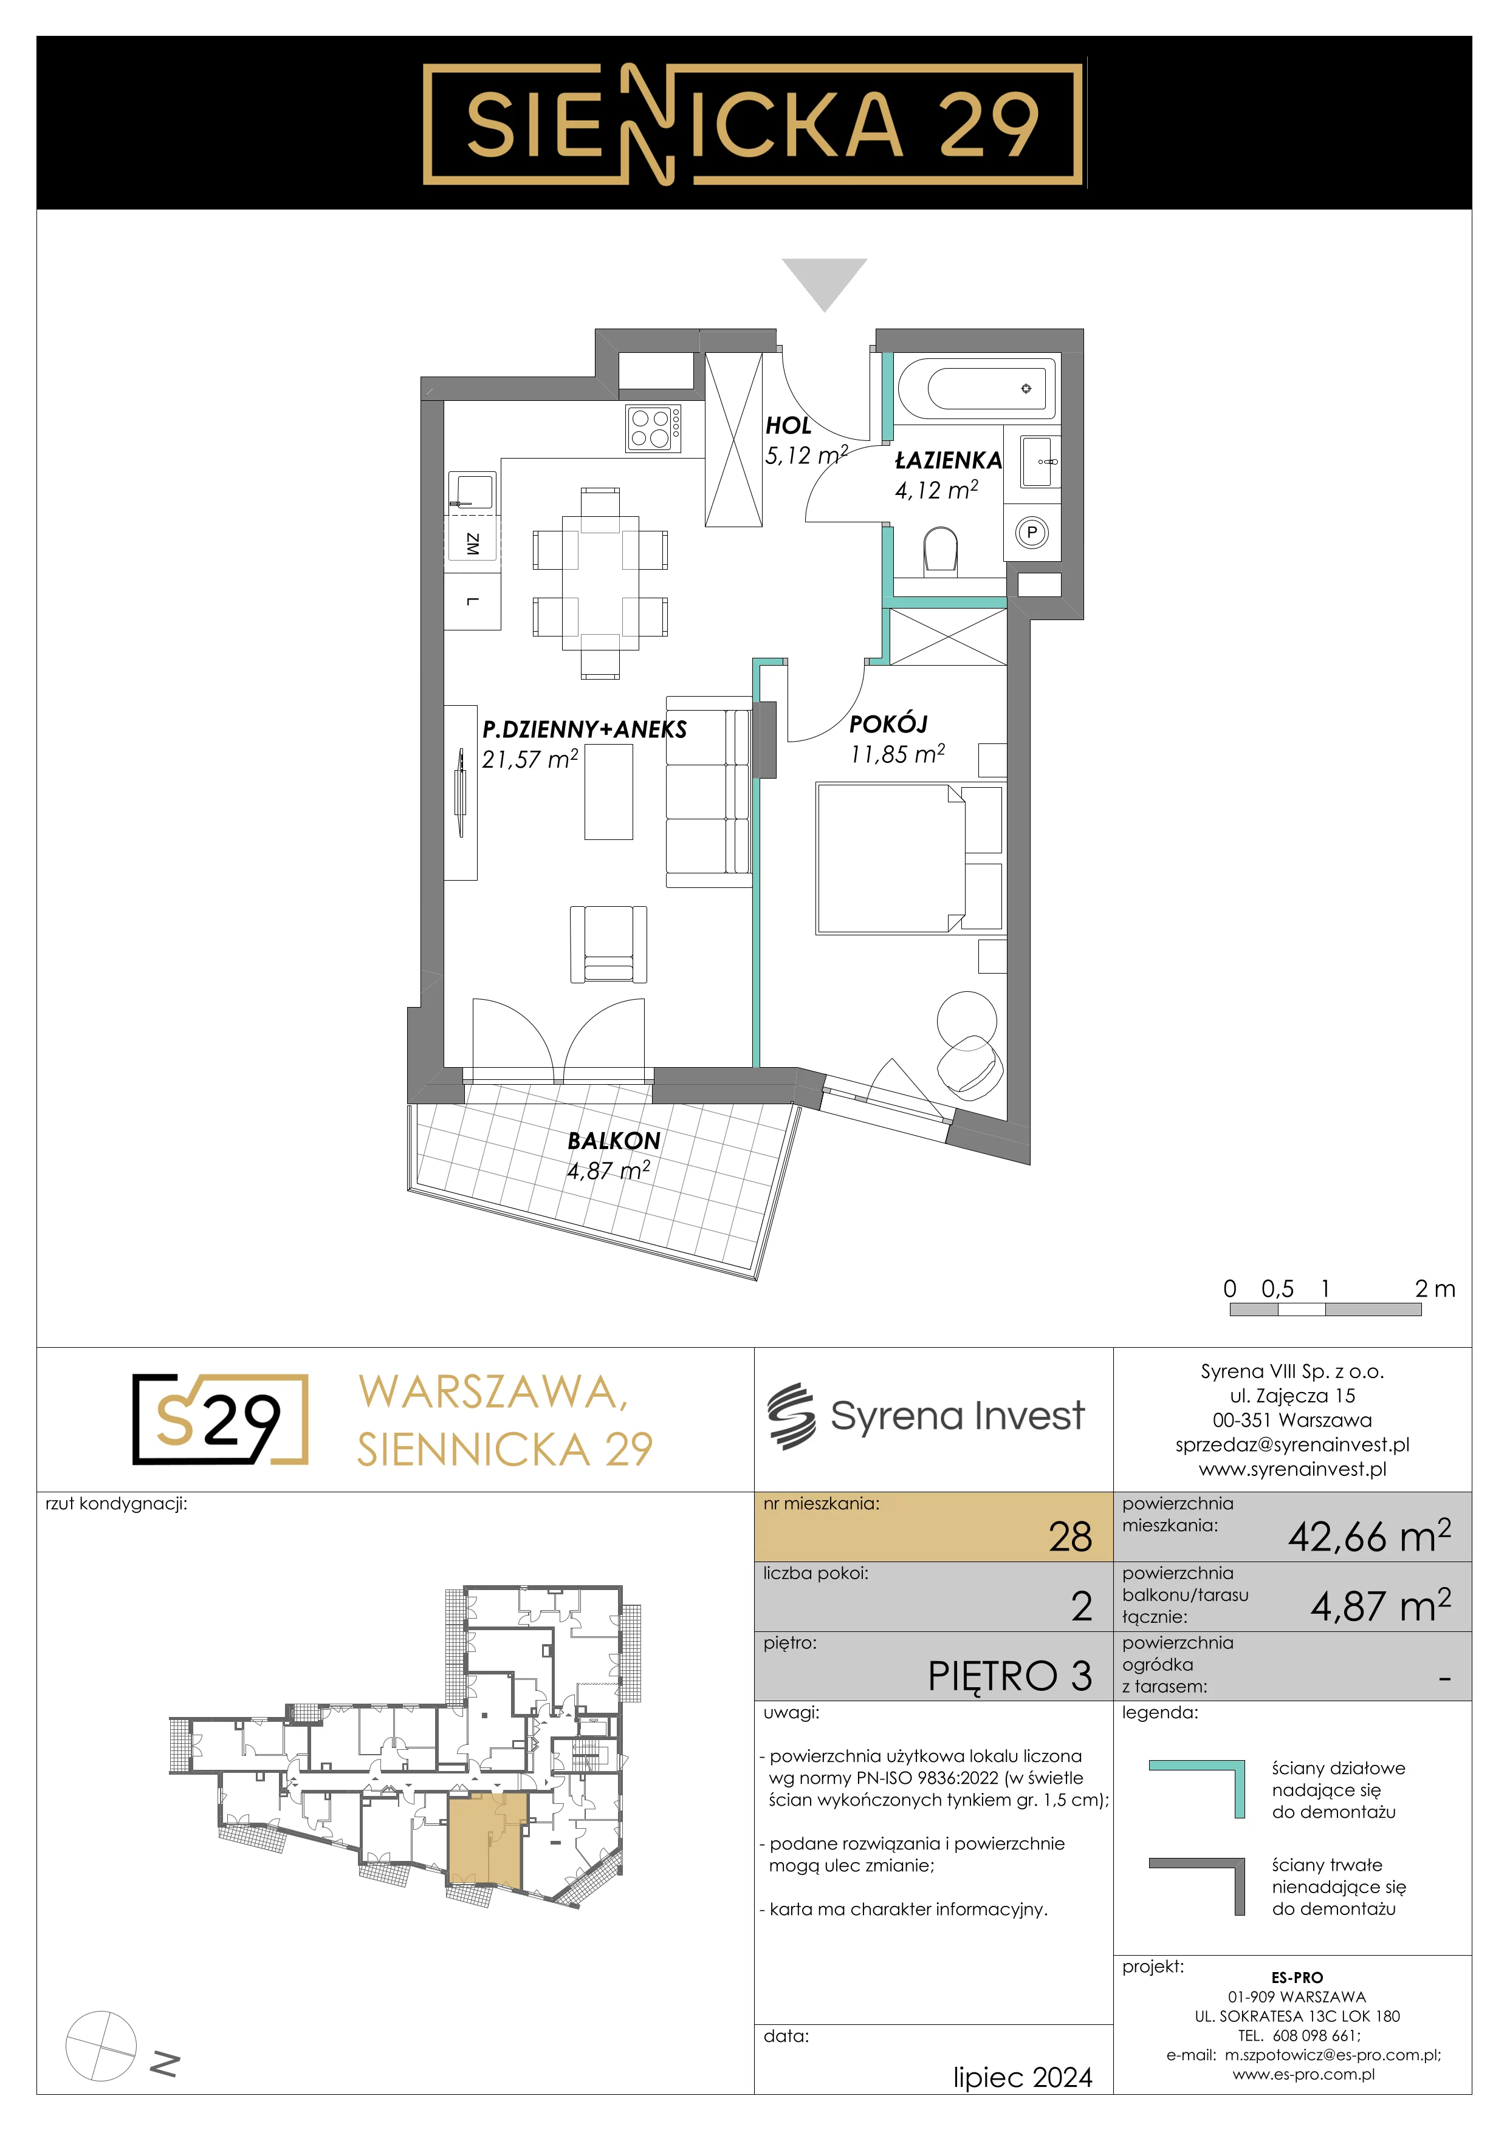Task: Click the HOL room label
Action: [788, 426]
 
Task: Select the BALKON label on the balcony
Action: [614, 1141]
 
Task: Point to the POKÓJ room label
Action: [888, 723]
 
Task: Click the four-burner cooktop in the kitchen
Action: [653, 429]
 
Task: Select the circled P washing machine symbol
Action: [1032, 533]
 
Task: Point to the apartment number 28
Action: [1070, 1537]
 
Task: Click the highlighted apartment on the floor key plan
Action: [484, 1842]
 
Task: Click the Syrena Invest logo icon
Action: [791, 1416]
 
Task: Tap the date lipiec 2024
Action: [1023, 2077]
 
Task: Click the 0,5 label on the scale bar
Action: [1277, 1289]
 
